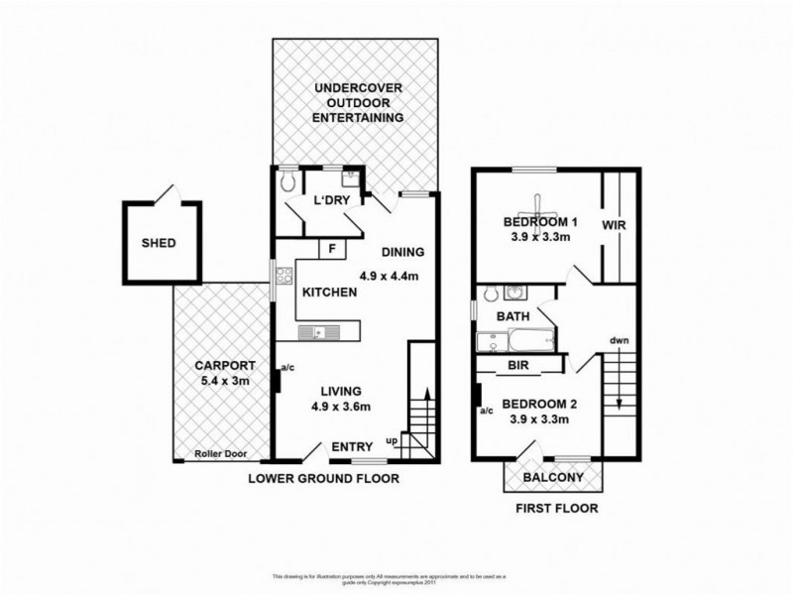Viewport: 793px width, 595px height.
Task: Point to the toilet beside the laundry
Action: (287, 181)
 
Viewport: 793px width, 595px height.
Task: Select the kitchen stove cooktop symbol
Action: (284, 283)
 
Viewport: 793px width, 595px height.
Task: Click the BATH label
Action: (512, 316)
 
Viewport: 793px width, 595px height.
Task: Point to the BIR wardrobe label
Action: (517, 365)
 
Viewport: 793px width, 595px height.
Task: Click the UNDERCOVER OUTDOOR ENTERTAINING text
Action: (358, 102)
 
